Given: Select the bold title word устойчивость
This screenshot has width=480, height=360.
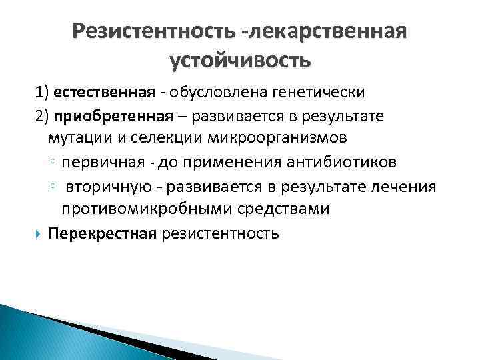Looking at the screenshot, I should click(240, 61).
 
